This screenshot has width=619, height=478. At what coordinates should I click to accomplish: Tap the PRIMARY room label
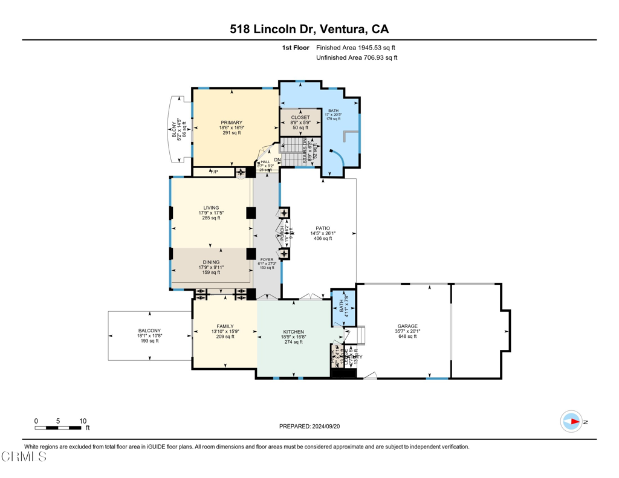(x=231, y=123)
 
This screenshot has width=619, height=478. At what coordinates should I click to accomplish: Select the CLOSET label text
(x=300, y=117)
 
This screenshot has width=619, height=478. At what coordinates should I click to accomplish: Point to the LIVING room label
(x=211, y=208)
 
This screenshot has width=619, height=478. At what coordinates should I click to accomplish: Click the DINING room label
(x=211, y=262)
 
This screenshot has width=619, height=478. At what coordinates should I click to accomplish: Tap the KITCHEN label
(x=294, y=332)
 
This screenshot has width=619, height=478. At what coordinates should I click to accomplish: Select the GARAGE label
(x=407, y=326)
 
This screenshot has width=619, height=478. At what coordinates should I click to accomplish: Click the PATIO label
(x=323, y=228)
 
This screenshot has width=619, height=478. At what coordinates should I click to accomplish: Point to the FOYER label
(x=267, y=259)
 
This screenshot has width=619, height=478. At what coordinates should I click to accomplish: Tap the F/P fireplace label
(x=212, y=172)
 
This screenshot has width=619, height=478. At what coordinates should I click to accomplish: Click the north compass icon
(x=571, y=421)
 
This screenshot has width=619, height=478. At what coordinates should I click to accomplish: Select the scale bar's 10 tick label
(x=83, y=421)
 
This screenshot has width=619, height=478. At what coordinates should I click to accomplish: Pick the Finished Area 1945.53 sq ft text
(x=356, y=47)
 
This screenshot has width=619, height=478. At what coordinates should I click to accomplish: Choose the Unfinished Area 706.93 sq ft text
(x=357, y=57)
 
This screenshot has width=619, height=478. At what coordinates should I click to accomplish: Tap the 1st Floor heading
(x=296, y=47)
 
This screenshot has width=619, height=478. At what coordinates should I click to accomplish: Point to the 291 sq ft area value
(x=230, y=133)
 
